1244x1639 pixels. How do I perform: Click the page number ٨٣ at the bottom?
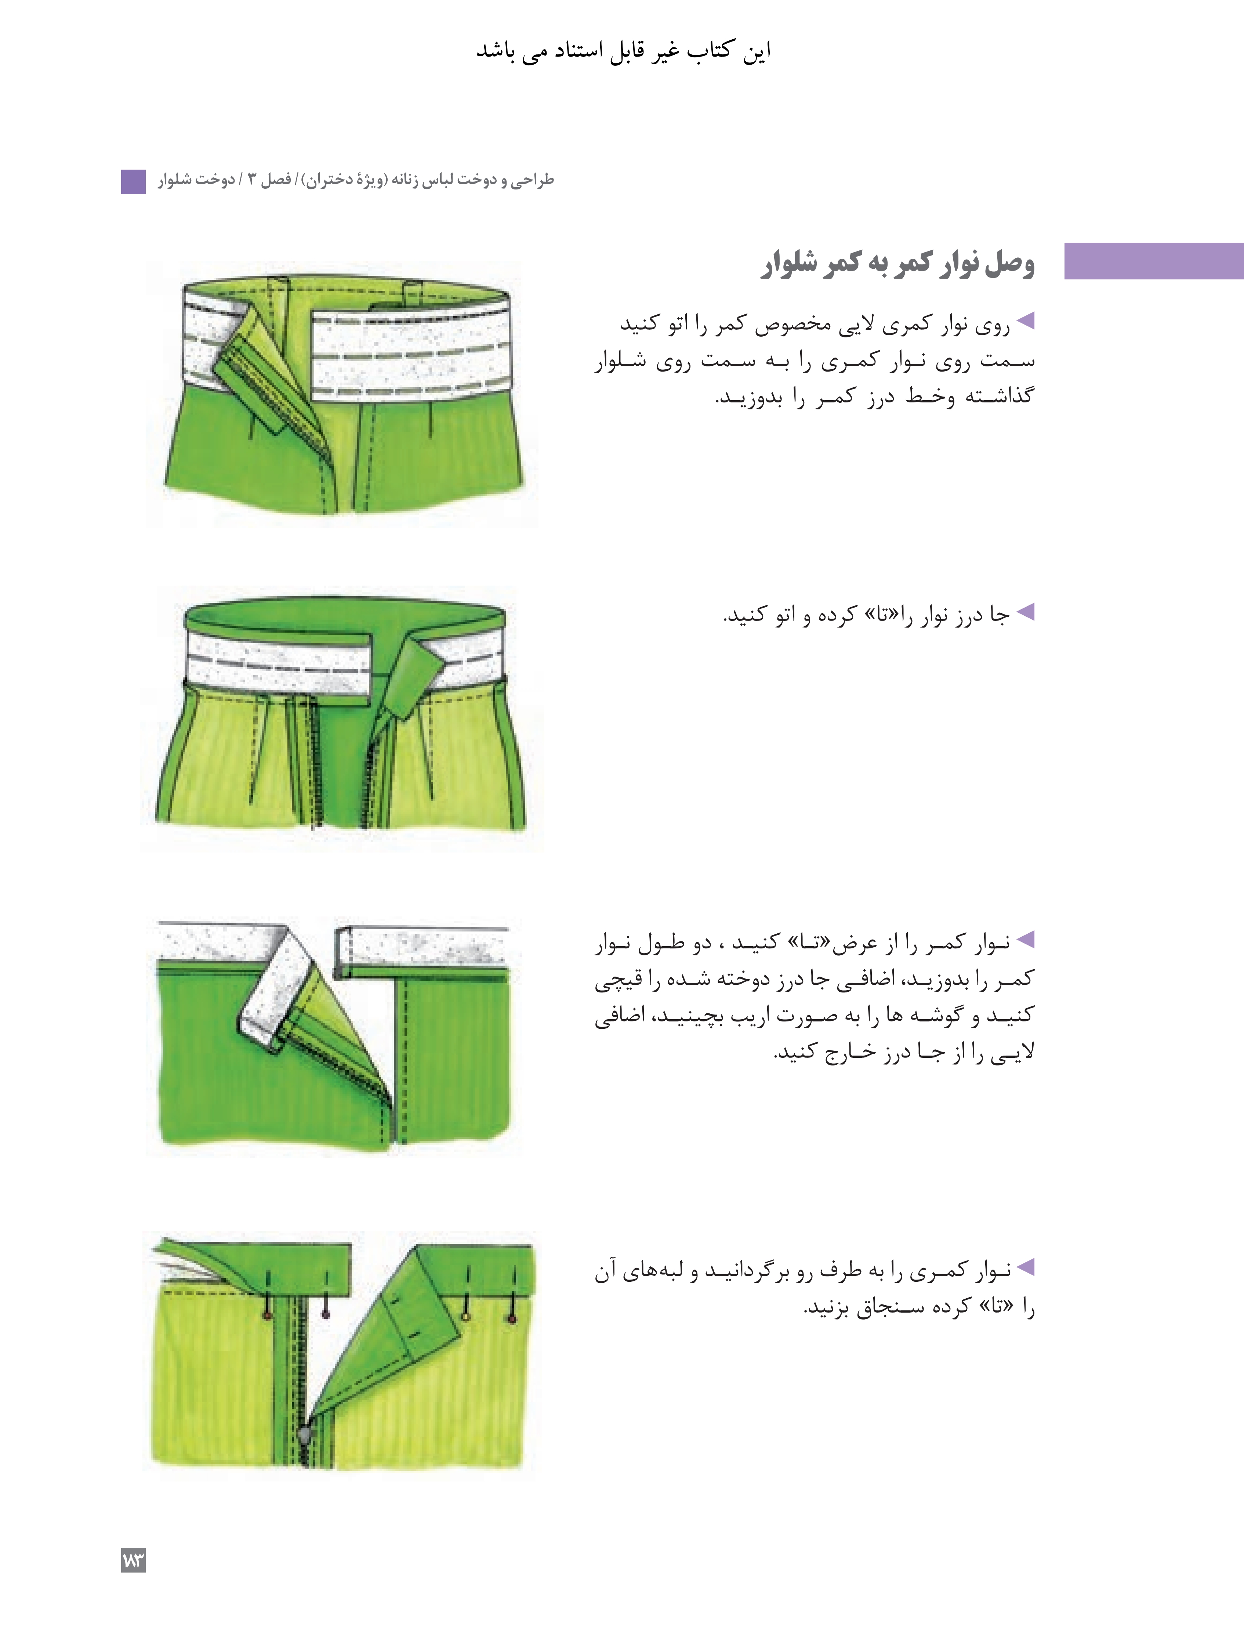point(133,1560)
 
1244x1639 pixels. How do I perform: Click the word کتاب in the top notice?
point(710,50)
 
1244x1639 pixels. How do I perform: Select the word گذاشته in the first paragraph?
point(1002,397)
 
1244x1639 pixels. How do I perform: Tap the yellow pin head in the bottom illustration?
point(465,1316)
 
